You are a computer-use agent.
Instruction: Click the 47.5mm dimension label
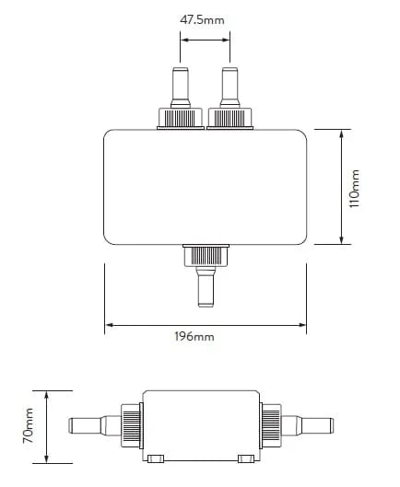202,20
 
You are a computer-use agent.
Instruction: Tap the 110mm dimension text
354,189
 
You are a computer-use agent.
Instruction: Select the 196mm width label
194,336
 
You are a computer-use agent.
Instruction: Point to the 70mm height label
28,426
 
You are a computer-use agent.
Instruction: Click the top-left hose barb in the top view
180,87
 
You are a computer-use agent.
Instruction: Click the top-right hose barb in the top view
229,87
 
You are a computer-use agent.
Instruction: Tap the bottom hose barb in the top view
206,286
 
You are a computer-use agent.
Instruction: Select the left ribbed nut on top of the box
181,119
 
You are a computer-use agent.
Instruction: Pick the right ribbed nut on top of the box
229,119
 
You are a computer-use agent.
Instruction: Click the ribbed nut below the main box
206,255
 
